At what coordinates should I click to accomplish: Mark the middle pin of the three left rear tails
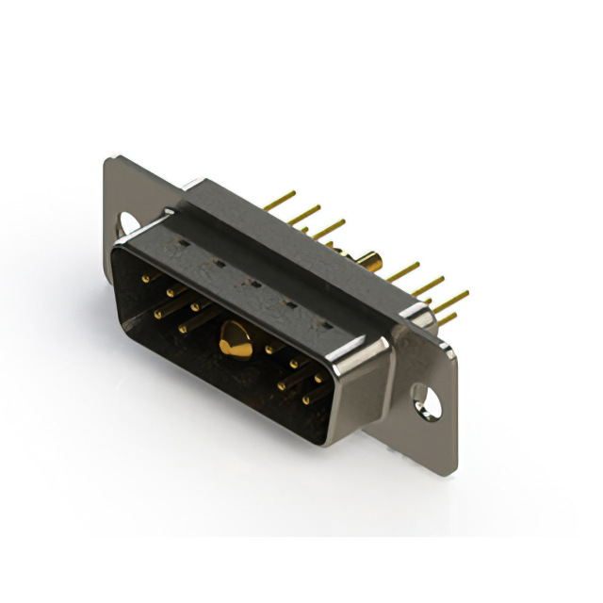[x=303, y=215]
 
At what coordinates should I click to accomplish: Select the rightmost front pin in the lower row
[x=306, y=399]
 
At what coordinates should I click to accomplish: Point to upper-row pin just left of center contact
[x=196, y=305]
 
